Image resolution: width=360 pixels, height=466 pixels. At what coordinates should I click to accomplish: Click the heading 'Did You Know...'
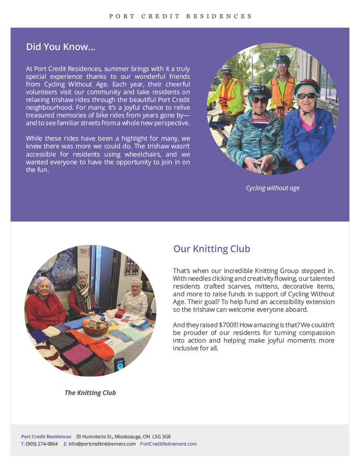point(61,47)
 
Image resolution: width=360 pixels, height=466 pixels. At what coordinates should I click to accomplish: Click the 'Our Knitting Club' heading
point(211,249)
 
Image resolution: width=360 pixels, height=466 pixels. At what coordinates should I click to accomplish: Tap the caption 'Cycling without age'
point(273,188)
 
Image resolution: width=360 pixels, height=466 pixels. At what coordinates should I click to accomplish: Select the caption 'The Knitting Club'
point(90,393)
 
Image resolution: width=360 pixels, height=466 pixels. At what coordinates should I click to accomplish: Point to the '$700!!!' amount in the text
point(208,325)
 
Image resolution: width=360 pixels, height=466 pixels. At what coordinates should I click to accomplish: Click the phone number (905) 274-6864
point(42,444)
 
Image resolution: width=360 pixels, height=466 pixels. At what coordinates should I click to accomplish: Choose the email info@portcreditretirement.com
point(102,444)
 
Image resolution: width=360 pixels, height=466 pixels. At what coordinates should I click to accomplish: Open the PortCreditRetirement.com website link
point(168,444)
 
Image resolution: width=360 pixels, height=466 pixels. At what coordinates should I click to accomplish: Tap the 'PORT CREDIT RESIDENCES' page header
point(180,16)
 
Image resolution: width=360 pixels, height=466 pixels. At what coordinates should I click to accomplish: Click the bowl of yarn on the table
point(95,327)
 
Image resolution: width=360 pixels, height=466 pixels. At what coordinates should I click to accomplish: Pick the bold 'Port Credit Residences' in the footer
point(46,436)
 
